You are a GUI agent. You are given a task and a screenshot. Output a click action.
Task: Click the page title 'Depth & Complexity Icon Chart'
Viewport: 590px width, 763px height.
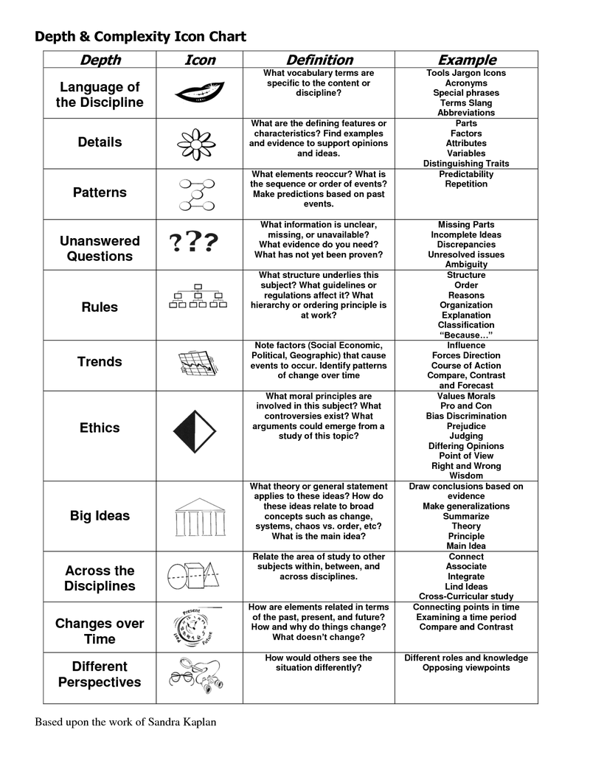pyautogui.click(x=141, y=36)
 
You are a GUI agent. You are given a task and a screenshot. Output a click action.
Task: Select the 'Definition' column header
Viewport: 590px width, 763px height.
pyautogui.click(x=319, y=60)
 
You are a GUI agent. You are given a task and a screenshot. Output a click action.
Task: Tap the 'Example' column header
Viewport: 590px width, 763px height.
pyautogui.click(x=466, y=60)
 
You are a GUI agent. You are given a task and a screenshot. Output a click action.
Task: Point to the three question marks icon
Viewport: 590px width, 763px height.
pyautogui.click(x=193, y=242)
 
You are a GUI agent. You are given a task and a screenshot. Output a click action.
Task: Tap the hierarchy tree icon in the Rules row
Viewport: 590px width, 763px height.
pyautogui.click(x=197, y=297)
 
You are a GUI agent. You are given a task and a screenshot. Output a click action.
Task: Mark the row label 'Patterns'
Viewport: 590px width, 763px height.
pyautogui.click(x=100, y=192)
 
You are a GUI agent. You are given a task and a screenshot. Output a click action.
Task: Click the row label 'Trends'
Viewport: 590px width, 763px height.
pyautogui.click(x=100, y=361)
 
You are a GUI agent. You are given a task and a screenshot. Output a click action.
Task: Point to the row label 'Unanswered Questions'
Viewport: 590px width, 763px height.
pyautogui.click(x=100, y=248)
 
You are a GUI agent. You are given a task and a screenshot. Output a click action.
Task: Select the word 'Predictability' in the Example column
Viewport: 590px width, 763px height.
pyautogui.click(x=466, y=174)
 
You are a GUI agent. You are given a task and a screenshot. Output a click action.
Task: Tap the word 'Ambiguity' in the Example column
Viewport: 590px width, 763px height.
pyautogui.click(x=466, y=264)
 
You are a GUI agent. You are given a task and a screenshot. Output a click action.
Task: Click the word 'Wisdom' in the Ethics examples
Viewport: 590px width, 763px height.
pyautogui.click(x=466, y=475)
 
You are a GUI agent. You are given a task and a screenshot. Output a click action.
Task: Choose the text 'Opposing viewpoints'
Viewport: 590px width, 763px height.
pyautogui.click(x=466, y=667)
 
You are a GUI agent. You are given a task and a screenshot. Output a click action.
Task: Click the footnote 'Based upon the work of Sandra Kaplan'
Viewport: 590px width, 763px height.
pyautogui.click(x=126, y=722)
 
